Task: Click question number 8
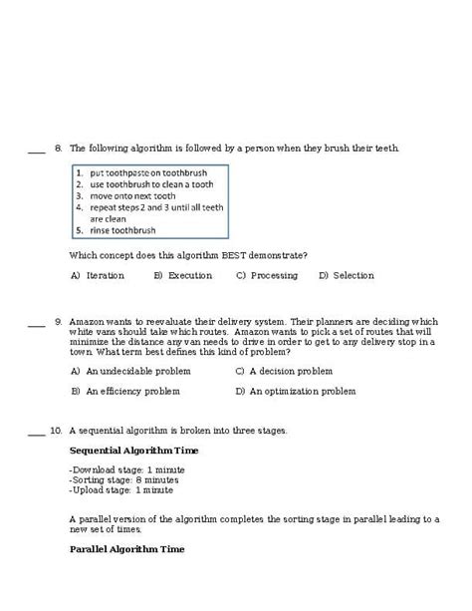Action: [x=59, y=148]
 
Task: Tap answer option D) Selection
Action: [x=346, y=275]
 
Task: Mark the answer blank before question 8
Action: [x=36, y=151]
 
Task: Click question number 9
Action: [x=59, y=322]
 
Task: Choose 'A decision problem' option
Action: [x=290, y=371]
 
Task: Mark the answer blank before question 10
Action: [x=36, y=435]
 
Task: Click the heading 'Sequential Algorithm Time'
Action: [x=133, y=451]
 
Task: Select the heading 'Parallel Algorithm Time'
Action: [x=126, y=549]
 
